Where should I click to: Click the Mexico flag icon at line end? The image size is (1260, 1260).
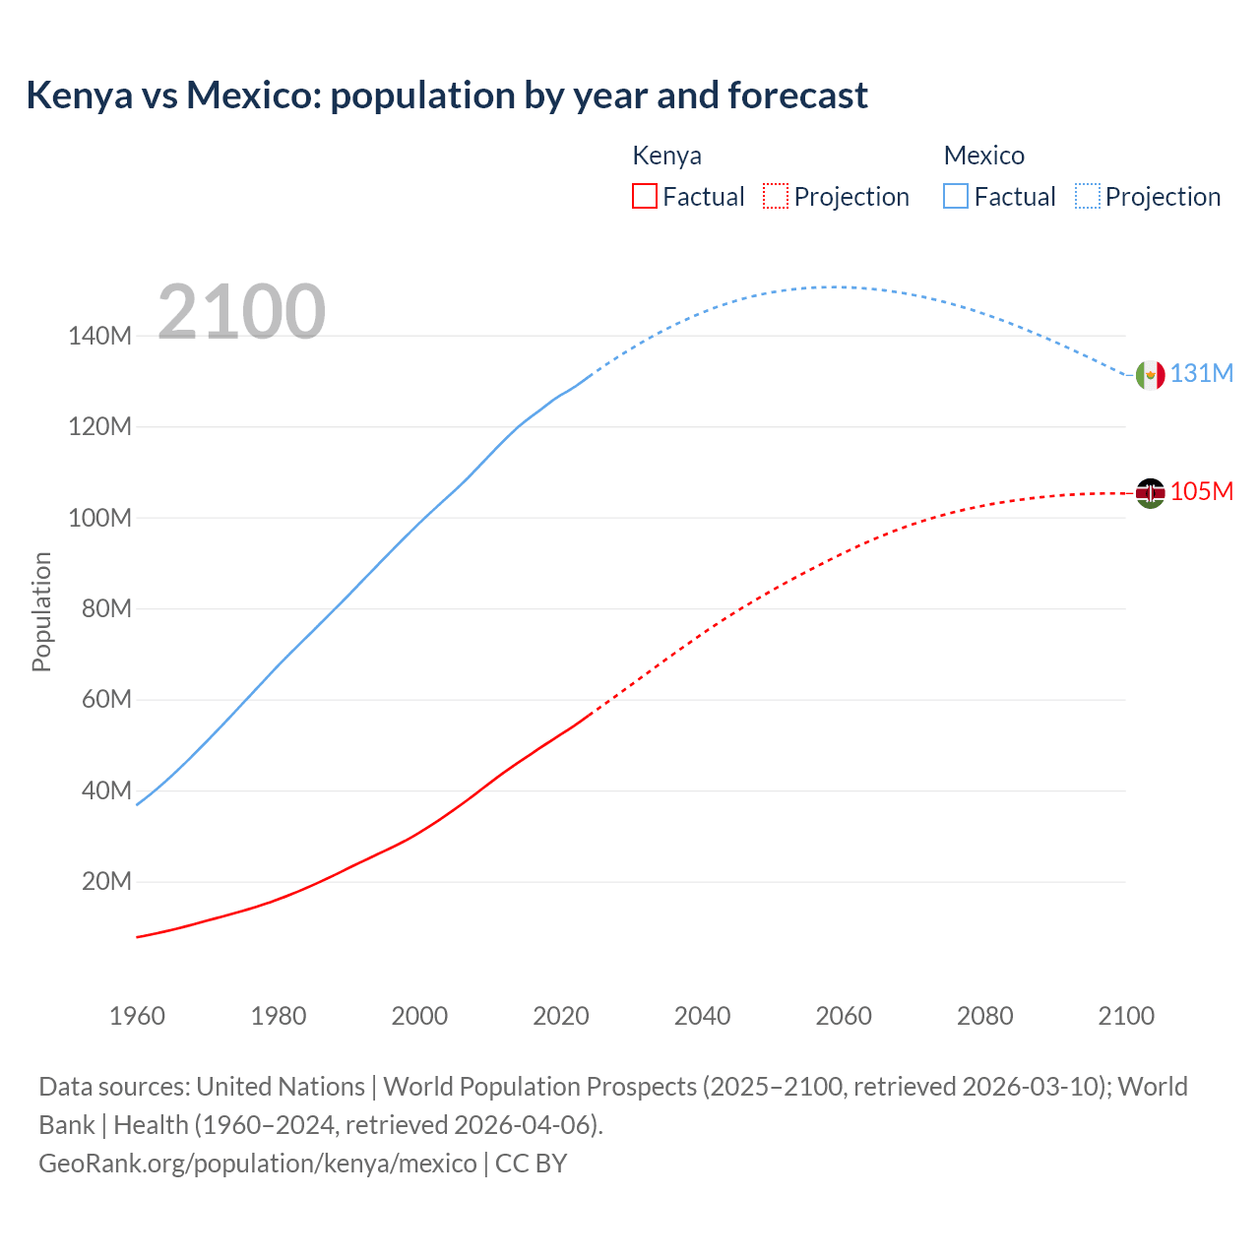click(x=1150, y=375)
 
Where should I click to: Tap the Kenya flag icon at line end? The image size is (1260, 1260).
click(x=1150, y=492)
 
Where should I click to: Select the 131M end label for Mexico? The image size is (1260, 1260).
click(x=1201, y=374)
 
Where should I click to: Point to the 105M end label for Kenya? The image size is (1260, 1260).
click(x=1201, y=491)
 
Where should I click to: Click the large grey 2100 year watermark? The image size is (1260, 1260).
click(x=241, y=312)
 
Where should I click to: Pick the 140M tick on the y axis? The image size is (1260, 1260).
click(x=99, y=337)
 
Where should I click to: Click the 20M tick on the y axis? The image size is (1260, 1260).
click(x=106, y=882)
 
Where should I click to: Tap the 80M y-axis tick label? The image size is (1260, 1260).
click(x=106, y=609)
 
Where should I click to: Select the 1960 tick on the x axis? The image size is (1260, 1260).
click(x=137, y=1016)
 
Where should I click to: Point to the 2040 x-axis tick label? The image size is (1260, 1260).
click(x=702, y=1016)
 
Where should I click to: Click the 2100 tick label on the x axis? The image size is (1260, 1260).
click(x=1126, y=1016)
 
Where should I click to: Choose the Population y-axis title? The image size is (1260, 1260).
click(x=41, y=611)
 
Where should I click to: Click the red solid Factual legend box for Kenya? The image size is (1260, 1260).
click(x=644, y=196)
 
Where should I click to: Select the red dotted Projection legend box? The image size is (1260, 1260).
click(x=776, y=196)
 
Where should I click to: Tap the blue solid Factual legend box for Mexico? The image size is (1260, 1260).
click(x=955, y=196)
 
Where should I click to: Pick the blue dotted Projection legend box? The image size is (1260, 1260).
click(x=1088, y=196)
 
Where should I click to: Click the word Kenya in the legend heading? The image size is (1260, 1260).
click(x=666, y=156)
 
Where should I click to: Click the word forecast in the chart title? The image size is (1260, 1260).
click(x=797, y=95)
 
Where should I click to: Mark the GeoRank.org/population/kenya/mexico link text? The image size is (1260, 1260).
click(x=258, y=1164)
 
